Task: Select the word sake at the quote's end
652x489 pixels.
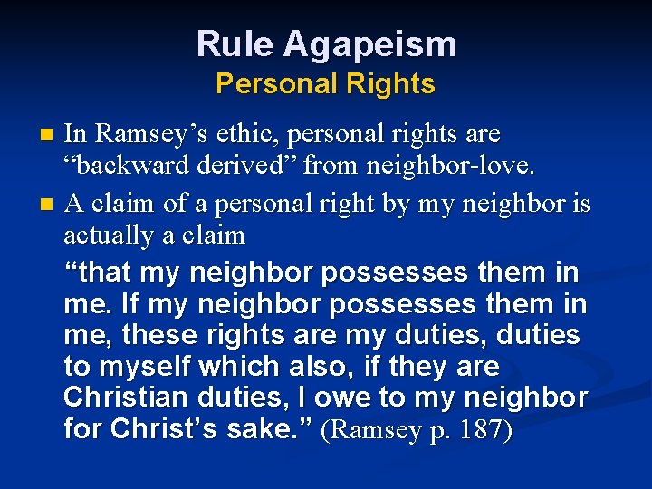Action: (x=272, y=429)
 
